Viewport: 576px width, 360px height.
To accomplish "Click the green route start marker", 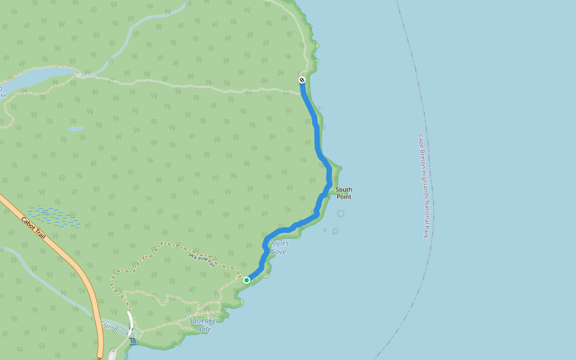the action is (x=247, y=280).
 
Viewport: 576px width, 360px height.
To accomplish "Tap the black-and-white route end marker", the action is (x=302, y=80).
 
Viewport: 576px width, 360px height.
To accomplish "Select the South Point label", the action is (x=344, y=193).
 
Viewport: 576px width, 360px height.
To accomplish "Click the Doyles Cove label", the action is (x=278, y=247).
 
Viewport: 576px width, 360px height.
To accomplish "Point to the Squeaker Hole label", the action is (x=204, y=325).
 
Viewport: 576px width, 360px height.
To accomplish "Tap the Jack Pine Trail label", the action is (x=202, y=259).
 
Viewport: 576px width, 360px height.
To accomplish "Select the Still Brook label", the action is (x=116, y=329).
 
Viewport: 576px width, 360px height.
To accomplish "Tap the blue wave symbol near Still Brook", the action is (x=133, y=341).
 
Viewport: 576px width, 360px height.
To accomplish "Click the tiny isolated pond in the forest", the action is (x=76, y=128).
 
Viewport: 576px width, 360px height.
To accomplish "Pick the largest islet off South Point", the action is (x=341, y=213).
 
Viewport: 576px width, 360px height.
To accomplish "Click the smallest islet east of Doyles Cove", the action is (x=325, y=229).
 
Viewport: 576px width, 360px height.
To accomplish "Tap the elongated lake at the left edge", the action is (x=36, y=77).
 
